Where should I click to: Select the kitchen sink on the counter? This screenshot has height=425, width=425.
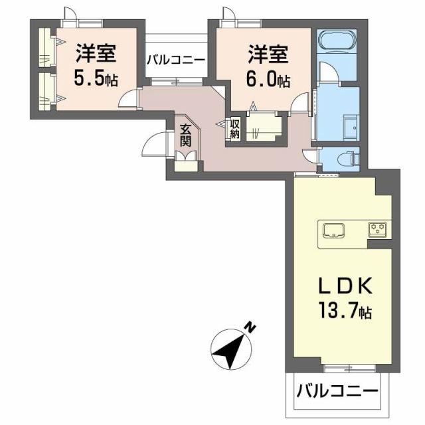tap(332, 231)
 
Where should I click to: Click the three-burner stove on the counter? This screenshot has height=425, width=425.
tap(379, 230)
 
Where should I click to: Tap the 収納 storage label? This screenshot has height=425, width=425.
tap(234, 127)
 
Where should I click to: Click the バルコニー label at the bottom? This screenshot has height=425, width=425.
tap(337, 390)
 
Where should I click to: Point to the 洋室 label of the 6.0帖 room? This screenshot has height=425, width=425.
tap(269, 52)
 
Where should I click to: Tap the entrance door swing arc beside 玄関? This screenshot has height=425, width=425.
tap(156, 142)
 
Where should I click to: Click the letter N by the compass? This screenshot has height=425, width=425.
tap(250, 327)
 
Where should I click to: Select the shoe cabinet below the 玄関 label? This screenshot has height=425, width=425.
tap(187, 161)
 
